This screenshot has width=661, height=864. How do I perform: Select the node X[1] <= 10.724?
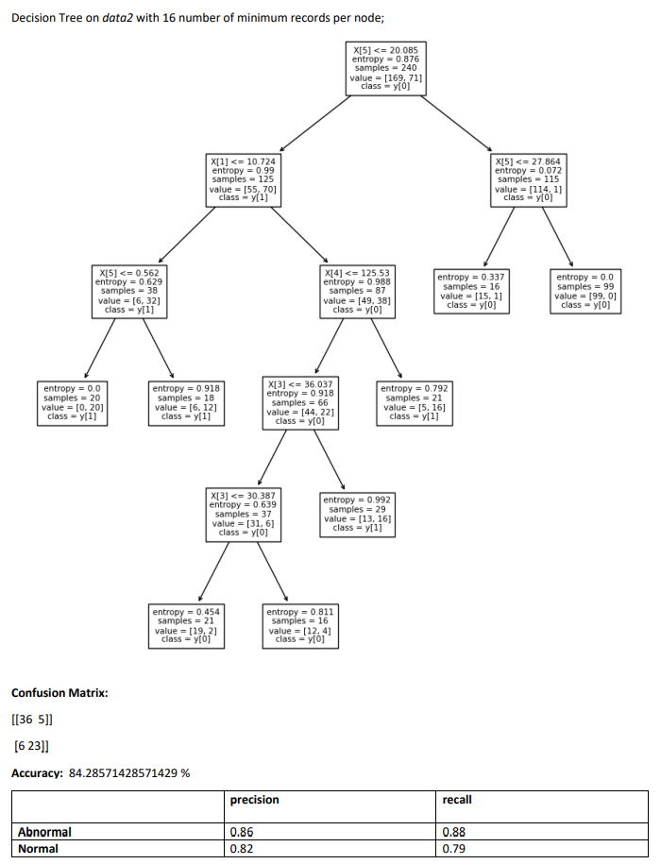(243, 179)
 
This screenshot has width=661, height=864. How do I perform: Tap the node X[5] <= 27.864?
(528, 179)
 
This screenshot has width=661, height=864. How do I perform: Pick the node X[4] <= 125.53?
(357, 292)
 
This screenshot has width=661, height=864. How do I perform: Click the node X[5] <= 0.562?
(127, 292)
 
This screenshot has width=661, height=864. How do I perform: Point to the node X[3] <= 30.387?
(243, 515)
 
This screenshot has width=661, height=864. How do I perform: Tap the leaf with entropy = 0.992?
(357, 514)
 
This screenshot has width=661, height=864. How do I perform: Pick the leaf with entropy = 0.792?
(414, 402)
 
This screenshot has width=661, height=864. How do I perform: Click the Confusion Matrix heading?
(59, 693)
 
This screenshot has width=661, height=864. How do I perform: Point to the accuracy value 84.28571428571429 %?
(128, 773)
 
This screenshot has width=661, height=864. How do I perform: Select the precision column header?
(255, 800)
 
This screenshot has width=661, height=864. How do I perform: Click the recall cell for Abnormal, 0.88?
(453, 833)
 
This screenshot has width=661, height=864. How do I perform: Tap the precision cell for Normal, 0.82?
(241, 848)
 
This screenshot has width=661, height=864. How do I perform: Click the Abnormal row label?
(45, 833)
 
